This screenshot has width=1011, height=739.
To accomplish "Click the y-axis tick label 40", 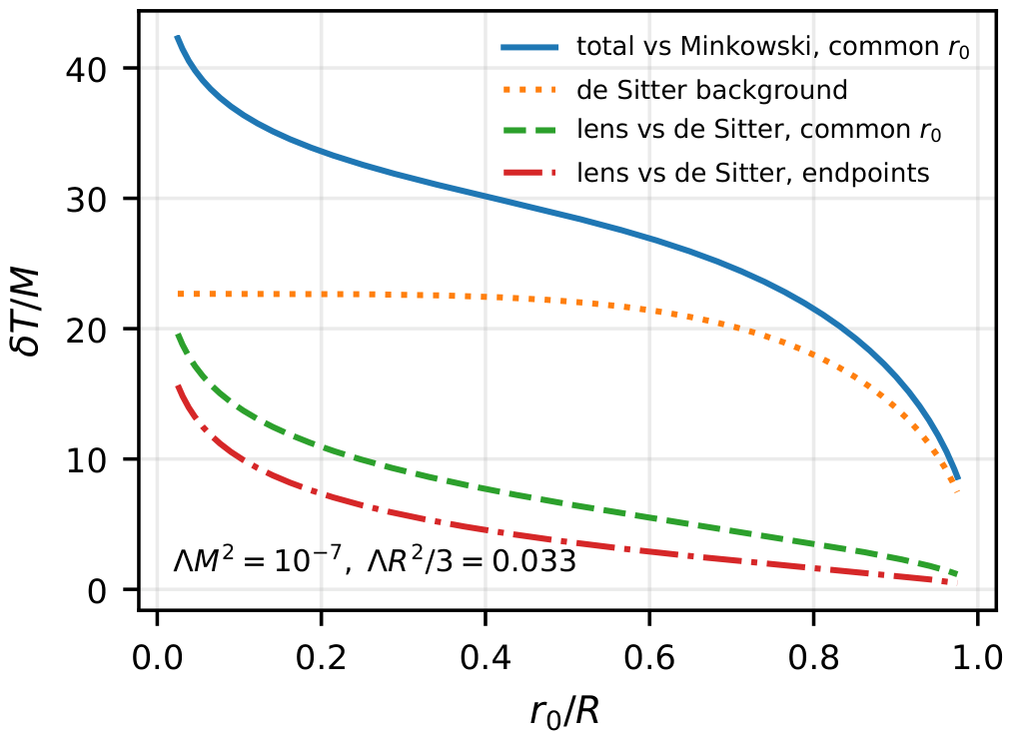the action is point(86,69).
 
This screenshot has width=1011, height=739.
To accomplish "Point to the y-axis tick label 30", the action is point(86,199).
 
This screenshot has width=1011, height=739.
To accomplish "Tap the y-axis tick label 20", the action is point(86,330).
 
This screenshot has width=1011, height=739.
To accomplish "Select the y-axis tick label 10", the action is point(86,460).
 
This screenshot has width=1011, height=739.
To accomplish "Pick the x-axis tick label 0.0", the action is point(157,657).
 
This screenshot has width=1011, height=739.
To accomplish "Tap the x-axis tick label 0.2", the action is point(321,657).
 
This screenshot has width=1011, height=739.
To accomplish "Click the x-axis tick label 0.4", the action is point(486,657).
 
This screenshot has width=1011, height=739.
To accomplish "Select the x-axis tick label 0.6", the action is point(650,657).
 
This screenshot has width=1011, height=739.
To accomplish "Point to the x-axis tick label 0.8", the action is point(814,657).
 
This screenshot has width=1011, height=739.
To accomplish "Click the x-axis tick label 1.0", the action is point(978,657).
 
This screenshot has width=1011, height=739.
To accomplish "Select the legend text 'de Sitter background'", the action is point(712,90).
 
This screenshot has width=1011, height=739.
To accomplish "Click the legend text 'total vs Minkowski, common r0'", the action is point(773,47).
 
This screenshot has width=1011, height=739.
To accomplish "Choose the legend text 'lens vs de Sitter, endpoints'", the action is point(753,172).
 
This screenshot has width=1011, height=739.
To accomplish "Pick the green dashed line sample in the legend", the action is point(529,130).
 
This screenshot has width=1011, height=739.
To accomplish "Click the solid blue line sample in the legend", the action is point(529,46).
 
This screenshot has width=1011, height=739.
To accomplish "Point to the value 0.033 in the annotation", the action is point(534,562).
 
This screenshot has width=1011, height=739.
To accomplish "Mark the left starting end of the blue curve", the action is point(177,37).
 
